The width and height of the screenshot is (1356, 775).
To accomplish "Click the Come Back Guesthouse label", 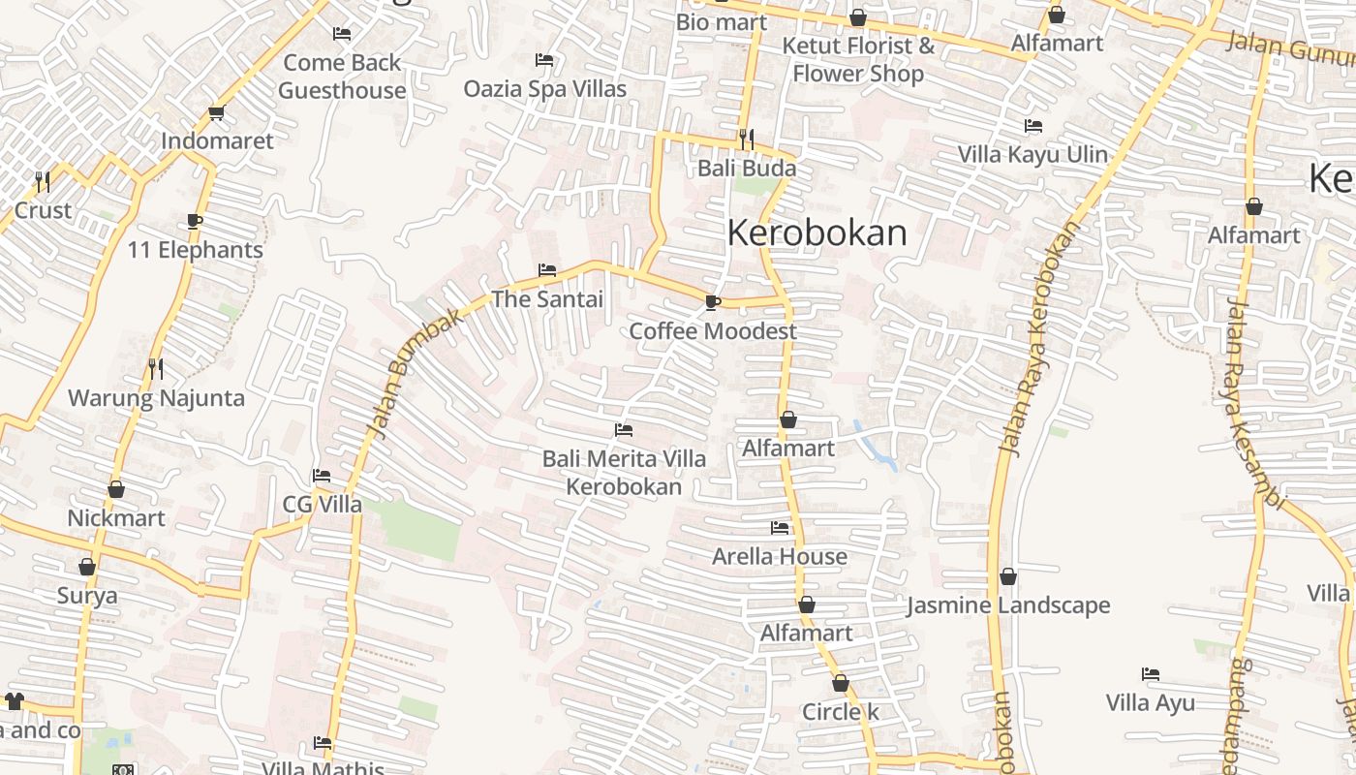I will [342, 77].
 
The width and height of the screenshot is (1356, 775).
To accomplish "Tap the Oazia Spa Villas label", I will [544, 88].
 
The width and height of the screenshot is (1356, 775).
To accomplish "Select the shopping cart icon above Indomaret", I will [217, 112].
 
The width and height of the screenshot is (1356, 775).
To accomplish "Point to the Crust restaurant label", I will [43, 210].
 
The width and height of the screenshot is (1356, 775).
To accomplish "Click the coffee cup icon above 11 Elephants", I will [195, 222].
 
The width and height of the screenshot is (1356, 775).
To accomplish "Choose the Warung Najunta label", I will [156, 398].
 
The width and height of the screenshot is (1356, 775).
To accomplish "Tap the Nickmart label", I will [116, 518].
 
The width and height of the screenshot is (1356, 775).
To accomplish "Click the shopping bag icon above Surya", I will [87, 567].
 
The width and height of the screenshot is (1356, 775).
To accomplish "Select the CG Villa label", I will [322, 505].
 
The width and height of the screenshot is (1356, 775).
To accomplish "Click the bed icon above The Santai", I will [547, 270].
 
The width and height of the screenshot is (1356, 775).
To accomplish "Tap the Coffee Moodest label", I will [713, 331].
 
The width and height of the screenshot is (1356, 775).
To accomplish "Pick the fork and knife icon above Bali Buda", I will [746, 139].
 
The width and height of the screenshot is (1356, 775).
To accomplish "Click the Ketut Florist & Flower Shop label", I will [858, 59].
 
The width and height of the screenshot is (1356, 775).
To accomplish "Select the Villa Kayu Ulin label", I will [1032, 155].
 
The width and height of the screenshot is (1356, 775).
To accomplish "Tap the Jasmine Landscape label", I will [1008, 606].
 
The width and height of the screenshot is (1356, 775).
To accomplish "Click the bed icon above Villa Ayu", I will [1151, 674].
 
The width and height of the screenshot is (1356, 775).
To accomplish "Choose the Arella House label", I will [780, 557].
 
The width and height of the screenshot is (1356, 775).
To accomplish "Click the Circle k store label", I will [841, 712].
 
